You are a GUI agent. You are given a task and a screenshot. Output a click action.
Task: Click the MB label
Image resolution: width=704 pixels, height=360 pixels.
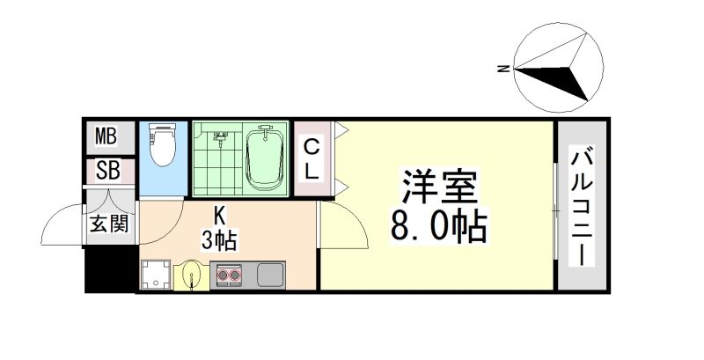[106, 136]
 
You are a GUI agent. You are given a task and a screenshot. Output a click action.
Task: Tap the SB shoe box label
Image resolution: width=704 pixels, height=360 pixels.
[107, 171]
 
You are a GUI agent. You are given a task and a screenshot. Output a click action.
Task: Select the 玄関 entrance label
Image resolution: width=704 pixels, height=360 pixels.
[108, 223]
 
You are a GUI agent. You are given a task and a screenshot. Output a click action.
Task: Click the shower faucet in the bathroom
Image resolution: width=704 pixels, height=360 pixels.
[221, 137]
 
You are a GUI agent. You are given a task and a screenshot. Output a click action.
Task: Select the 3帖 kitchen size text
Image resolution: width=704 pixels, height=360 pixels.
[218, 238]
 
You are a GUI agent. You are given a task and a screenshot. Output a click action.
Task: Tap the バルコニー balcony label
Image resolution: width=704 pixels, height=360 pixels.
[581, 208]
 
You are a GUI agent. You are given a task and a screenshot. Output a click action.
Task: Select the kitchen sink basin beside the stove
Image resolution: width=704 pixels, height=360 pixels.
[268, 276]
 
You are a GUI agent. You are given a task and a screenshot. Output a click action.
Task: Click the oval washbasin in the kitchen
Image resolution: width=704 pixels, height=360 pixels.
[192, 276]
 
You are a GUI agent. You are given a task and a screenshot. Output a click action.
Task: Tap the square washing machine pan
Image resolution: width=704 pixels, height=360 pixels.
[157, 275]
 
